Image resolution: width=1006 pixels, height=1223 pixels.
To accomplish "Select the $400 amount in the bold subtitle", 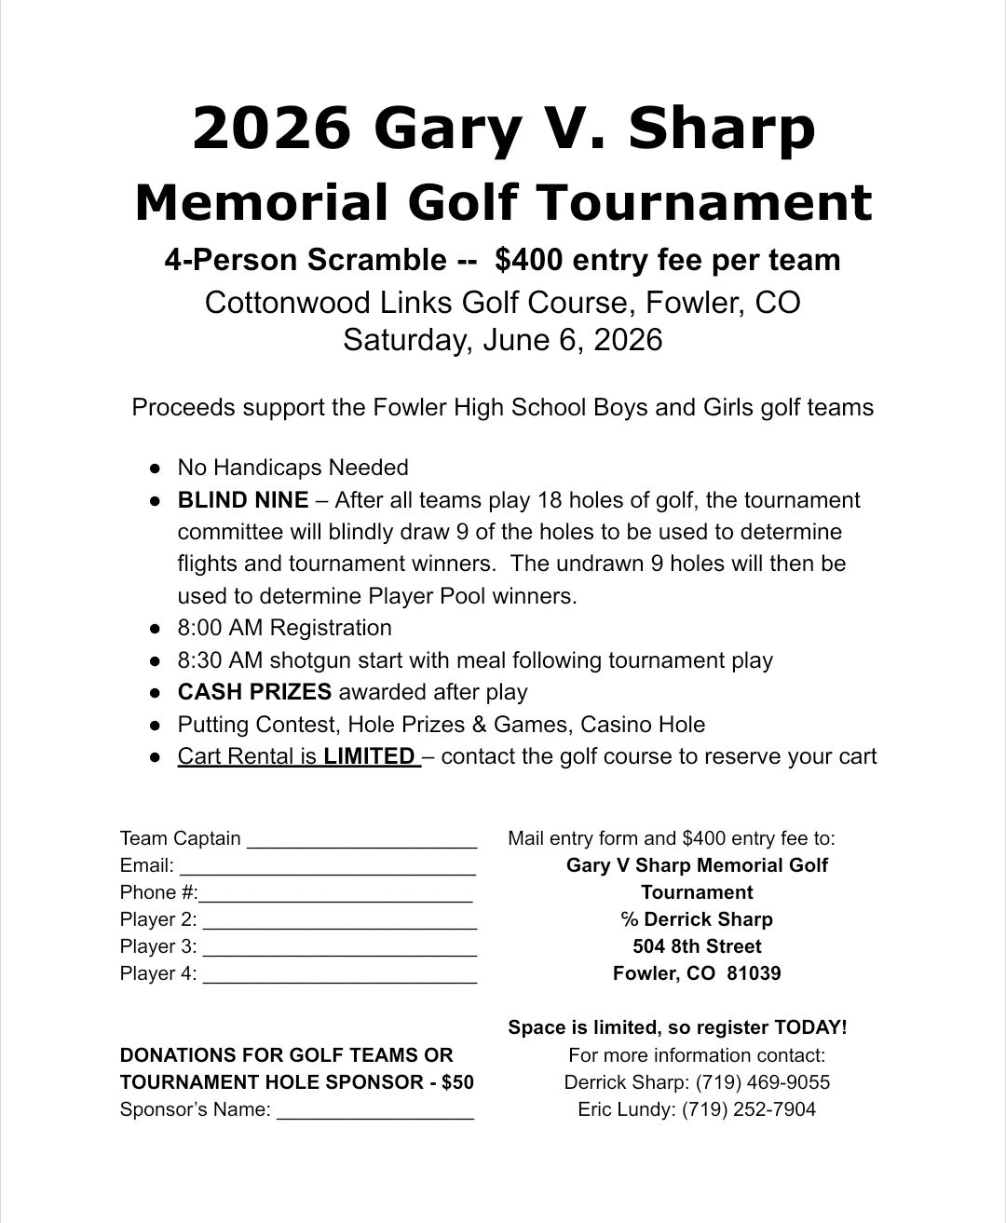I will tap(528, 260).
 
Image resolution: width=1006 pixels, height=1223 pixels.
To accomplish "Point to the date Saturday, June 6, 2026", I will tap(502, 339).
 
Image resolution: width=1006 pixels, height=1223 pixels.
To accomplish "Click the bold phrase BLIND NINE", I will tap(243, 500).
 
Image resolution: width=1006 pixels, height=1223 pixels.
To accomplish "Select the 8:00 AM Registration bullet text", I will tap(284, 628).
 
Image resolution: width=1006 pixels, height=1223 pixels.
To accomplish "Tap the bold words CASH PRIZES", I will tap(254, 692).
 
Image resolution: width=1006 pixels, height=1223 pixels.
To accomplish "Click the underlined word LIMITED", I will tap(369, 756).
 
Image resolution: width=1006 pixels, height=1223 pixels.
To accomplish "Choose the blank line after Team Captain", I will tap(362, 840).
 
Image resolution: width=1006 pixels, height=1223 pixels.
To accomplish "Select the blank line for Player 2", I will tap(340, 921).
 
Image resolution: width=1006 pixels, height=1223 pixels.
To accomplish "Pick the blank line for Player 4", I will tap(340, 975).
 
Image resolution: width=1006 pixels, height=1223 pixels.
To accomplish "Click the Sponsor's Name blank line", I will tap(375, 1111).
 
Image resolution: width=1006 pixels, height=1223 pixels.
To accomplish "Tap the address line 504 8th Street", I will tap(697, 946).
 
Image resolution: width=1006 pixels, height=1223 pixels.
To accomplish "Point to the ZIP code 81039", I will tap(754, 973).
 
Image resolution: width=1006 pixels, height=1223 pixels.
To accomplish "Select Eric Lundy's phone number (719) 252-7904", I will tap(749, 1109).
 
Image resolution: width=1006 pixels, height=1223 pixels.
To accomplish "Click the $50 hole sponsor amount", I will tap(457, 1082).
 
